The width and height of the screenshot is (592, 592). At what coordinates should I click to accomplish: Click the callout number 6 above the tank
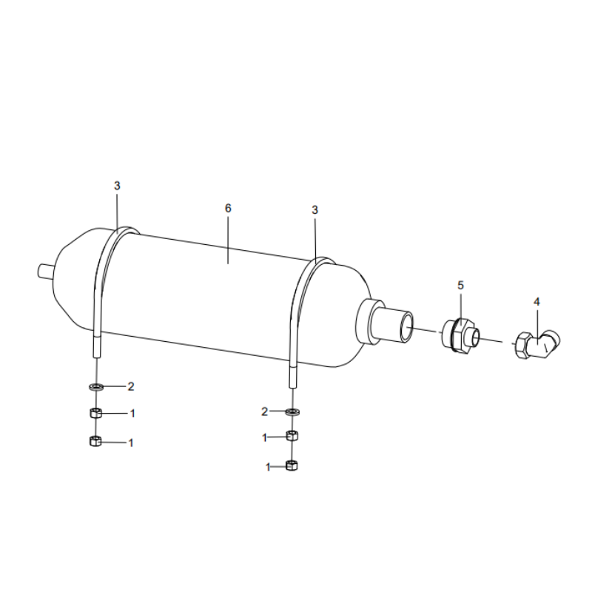[x=228, y=209]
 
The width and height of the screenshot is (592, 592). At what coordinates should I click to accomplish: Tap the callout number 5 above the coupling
[x=460, y=285]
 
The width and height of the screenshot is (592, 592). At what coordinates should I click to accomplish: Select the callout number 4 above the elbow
[x=536, y=301]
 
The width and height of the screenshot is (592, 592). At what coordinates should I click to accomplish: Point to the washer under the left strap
[x=95, y=386]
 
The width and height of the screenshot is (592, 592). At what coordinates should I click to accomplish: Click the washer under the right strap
[x=292, y=411]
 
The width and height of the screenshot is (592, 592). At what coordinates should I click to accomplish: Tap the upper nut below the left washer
[x=95, y=412]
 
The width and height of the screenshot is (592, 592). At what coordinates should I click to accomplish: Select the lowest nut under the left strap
[x=95, y=442]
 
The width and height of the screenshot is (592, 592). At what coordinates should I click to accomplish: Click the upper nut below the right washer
[x=292, y=437]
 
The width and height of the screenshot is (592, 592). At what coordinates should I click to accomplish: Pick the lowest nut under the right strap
[x=292, y=465]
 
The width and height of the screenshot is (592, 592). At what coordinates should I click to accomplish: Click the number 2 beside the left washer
[x=131, y=386]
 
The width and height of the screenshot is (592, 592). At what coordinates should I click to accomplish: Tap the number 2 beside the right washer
[x=264, y=411]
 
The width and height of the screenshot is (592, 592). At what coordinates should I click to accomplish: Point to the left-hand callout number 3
[x=116, y=185]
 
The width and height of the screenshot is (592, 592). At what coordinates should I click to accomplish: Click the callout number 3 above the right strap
[x=314, y=210]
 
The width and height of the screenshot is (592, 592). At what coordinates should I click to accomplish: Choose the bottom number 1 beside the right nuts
[x=267, y=467]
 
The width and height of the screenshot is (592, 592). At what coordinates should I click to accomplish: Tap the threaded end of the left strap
[x=95, y=346]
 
